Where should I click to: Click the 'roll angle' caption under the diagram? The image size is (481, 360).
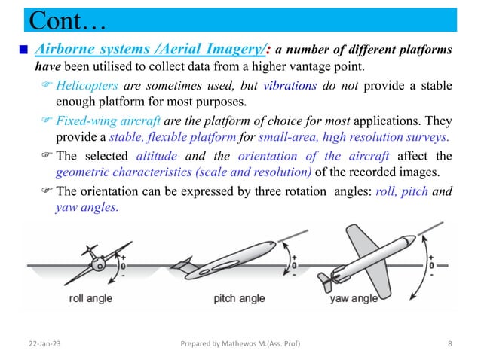pyautogui.click(x=90, y=298)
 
